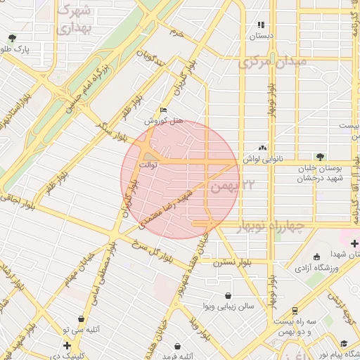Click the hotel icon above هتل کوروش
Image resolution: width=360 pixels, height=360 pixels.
164,110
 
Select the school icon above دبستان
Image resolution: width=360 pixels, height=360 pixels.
262,25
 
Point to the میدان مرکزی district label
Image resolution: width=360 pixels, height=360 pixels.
273,62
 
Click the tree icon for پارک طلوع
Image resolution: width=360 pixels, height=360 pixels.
11,39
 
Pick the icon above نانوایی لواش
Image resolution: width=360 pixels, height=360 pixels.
262,148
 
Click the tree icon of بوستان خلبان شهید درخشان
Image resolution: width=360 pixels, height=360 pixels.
321,156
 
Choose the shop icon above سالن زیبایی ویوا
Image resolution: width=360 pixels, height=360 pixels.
228,296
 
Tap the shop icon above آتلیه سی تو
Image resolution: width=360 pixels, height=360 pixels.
82,319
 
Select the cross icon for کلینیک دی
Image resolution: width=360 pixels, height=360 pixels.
67,345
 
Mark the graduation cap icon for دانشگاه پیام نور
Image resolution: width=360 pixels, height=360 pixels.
344,343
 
